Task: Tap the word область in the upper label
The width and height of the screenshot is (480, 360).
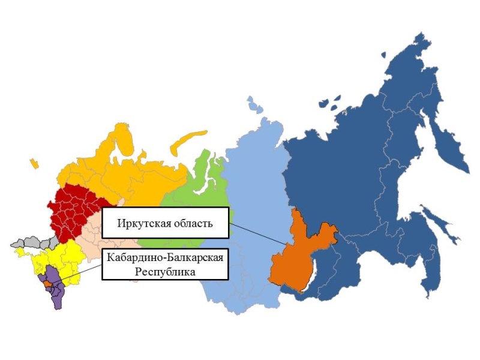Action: tap(190, 224)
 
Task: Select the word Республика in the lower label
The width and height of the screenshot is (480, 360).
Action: tap(166, 271)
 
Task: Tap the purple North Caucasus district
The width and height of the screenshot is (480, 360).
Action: tap(56, 294)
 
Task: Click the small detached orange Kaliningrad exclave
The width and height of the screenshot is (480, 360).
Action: tap(34, 163)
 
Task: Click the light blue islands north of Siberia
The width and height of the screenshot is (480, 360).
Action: tap(256, 105)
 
